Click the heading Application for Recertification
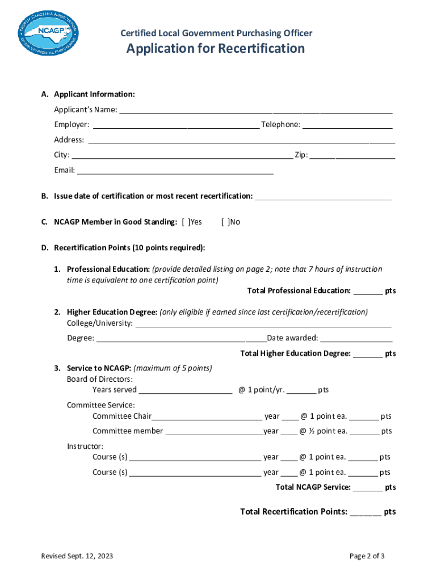coord(215,49)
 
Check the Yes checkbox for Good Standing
coord(186,222)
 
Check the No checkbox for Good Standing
coord(225,222)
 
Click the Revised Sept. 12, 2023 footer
coord(77,556)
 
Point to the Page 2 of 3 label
coord(367,556)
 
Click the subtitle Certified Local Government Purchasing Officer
coord(216,33)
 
